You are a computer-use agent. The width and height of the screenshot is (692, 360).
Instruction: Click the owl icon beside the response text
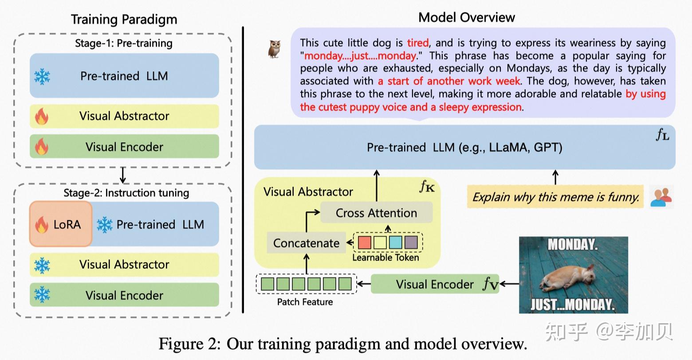click(275, 49)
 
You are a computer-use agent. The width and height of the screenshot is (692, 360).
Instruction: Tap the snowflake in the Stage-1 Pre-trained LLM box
click(42, 76)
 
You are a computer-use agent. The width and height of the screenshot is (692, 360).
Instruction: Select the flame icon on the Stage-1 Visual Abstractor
click(42, 116)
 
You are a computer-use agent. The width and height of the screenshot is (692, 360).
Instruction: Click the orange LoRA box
click(61, 224)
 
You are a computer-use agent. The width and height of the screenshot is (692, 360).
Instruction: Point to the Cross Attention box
click(376, 213)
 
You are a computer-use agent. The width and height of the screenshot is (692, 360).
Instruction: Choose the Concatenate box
click(306, 243)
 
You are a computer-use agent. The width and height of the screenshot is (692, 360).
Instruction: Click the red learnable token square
click(364, 242)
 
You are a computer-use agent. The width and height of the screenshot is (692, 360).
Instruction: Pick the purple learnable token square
click(411, 242)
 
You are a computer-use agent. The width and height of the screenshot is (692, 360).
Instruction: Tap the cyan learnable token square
click(395, 242)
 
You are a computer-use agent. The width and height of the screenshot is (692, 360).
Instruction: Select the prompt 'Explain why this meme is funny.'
click(555, 197)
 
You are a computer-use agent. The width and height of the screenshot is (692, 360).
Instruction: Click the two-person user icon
click(661, 197)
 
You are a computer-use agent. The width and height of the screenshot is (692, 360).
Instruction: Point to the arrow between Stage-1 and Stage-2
click(123, 176)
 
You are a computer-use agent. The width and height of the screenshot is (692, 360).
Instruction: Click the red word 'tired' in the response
click(418, 43)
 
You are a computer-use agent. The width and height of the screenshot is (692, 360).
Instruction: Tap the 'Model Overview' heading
click(467, 17)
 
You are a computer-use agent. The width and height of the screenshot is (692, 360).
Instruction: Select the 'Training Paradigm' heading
click(124, 20)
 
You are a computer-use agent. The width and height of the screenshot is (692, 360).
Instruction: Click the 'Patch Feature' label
click(305, 302)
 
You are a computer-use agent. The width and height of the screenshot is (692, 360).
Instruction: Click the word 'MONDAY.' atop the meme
click(573, 244)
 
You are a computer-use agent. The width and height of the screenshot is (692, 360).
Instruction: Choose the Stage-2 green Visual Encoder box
click(124, 295)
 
